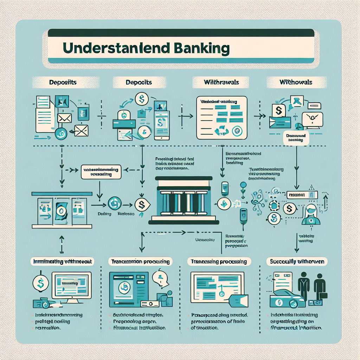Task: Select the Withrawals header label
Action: [x=221, y=82]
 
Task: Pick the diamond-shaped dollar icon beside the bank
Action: [x=142, y=204]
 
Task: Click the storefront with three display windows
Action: [x=62, y=210]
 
